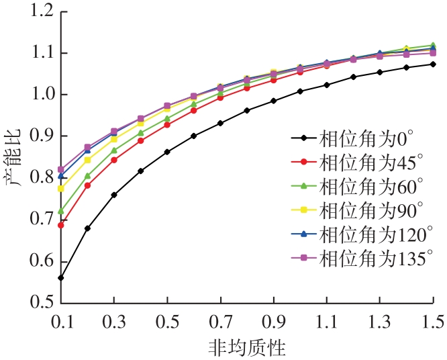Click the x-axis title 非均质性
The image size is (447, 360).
click(x=248, y=347)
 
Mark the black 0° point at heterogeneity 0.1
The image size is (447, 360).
click(x=61, y=277)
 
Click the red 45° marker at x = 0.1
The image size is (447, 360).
click(x=61, y=225)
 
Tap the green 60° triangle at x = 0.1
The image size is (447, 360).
click(x=61, y=211)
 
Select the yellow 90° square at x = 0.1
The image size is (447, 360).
click(x=61, y=189)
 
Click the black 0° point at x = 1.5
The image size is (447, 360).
click(x=433, y=64)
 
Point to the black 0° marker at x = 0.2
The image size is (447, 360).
click(x=87, y=228)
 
